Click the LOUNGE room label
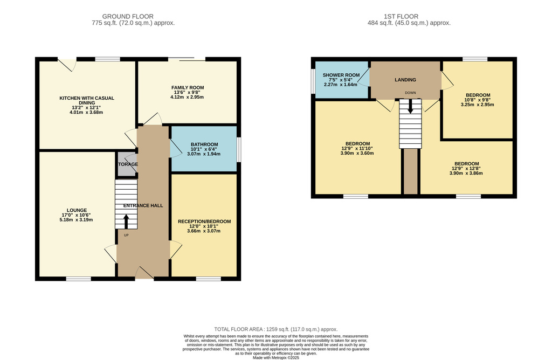click(77, 210)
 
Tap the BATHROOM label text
click(204, 144)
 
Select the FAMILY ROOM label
click(188, 88)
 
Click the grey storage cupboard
click(126, 164)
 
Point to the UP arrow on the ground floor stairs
click(126, 221)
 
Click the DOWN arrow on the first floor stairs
click(410, 106)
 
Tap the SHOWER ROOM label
click(341, 75)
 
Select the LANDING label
click(405, 80)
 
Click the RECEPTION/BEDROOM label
click(204, 221)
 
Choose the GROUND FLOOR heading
click(128, 17)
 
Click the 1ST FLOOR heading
click(401, 17)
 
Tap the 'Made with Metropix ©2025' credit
click(276, 357)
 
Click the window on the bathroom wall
click(239, 150)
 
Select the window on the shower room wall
click(313, 81)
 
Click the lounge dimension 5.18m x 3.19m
click(77, 220)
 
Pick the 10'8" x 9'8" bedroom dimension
click(478, 100)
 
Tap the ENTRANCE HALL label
click(143, 205)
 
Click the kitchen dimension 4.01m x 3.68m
click(87, 112)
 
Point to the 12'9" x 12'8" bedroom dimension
click(466, 168)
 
